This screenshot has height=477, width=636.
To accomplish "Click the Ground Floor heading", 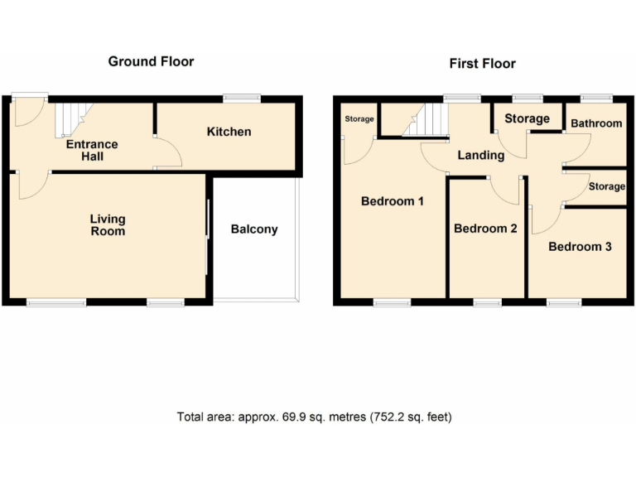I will [151, 61].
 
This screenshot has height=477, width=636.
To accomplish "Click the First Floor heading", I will [482, 63].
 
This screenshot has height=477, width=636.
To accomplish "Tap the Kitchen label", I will [229, 132].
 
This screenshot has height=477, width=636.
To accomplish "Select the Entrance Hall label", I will [92, 150].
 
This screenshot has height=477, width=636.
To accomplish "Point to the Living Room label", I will [108, 224].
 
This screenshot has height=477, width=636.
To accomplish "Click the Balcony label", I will [254, 229].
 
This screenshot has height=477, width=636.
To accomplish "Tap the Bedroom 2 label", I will [485, 229].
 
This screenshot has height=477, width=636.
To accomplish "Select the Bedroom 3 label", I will [580, 246].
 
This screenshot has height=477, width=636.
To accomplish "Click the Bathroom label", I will [595, 123].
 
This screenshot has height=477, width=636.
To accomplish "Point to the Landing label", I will [481, 155].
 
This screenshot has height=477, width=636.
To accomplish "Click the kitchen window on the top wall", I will [243, 99].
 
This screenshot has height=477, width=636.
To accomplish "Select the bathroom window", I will [595, 99].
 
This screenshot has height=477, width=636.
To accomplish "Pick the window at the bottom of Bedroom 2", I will [487, 302].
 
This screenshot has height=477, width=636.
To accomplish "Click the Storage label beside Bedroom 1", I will [359, 119].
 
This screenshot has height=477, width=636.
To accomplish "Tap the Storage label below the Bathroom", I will [606, 186].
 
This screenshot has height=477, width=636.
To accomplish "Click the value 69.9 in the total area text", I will [282, 417].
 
